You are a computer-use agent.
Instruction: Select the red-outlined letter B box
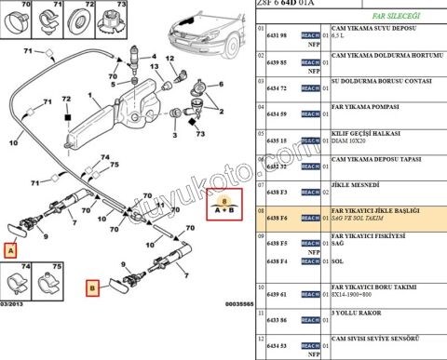(92, 288)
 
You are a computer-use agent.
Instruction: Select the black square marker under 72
(67, 118)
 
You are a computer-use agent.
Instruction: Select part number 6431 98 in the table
(277, 34)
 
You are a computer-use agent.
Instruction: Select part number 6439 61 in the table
(277, 294)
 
